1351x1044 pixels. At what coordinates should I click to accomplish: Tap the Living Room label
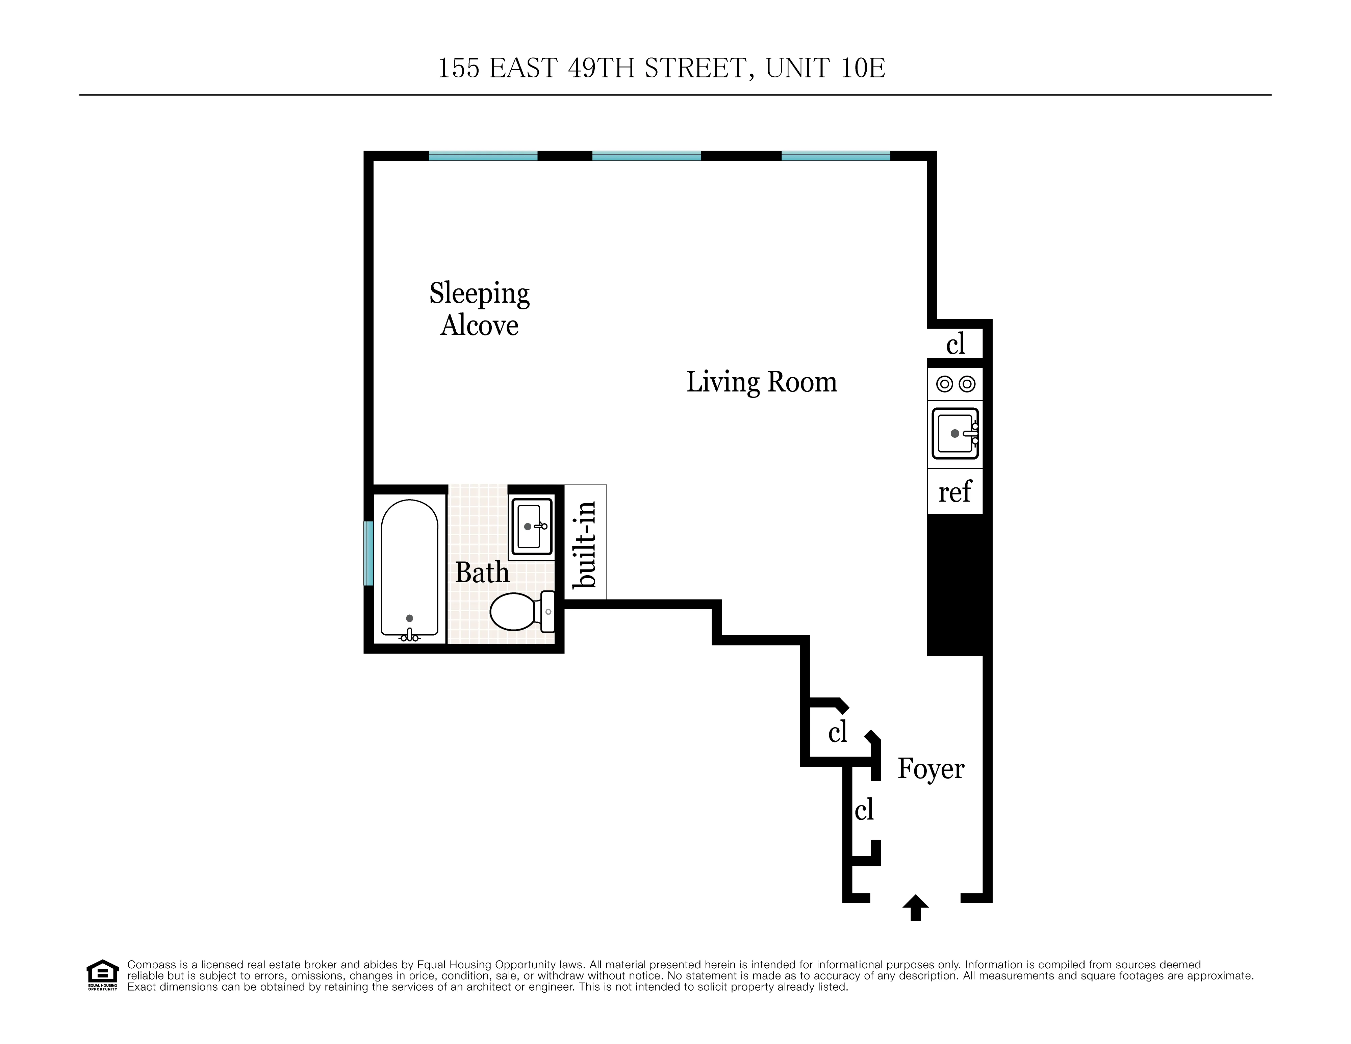(x=762, y=382)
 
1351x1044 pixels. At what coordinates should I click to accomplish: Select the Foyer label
(x=931, y=769)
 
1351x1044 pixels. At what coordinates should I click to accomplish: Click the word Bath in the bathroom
(x=482, y=573)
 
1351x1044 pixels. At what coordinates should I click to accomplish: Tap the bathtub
(x=409, y=569)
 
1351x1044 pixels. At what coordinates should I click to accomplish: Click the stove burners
(x=955, y=384)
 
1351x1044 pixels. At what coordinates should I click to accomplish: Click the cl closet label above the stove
(x=955, y=344)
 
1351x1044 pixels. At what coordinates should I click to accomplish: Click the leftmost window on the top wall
(x=483, y=156)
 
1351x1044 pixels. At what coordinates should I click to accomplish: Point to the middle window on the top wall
(x=646, y=156)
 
